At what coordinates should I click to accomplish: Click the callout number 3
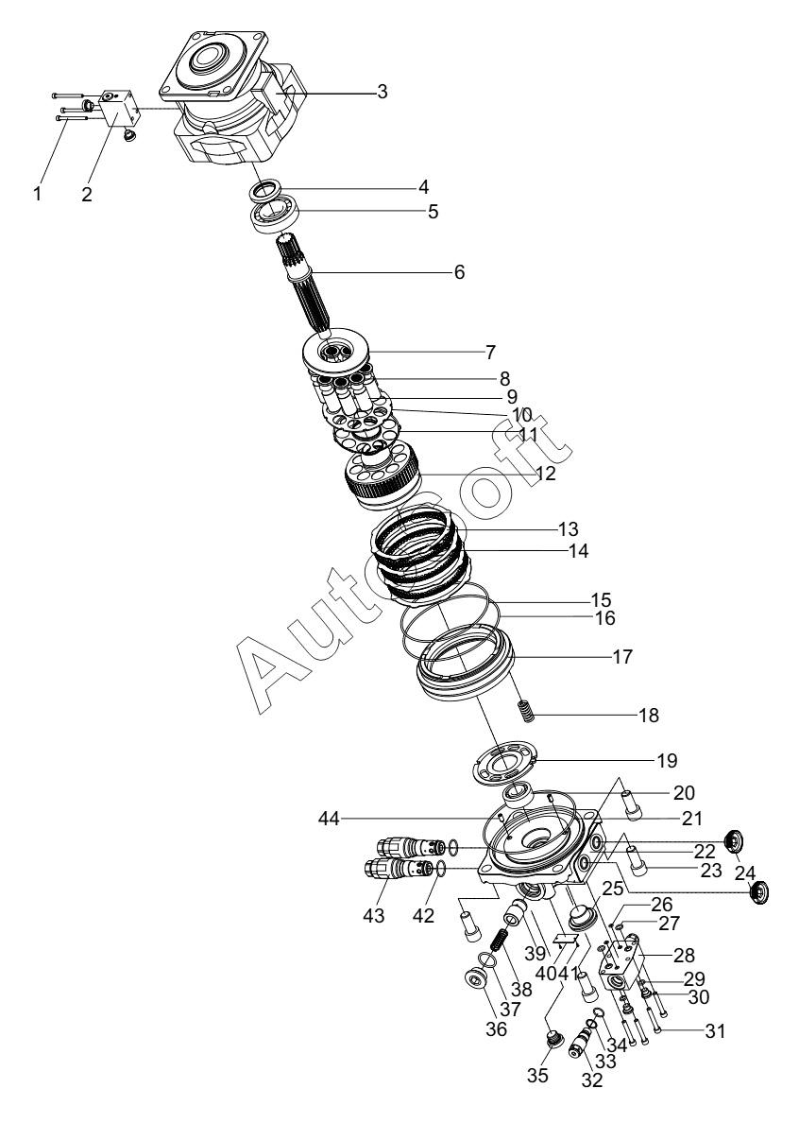tap(382, 92)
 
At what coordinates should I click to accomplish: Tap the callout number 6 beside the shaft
tap(459, 272)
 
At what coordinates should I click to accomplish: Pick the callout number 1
tap(38, 194)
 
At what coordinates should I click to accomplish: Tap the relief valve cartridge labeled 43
tap(391, 869)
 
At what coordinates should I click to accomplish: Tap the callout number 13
tap(594, 527)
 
